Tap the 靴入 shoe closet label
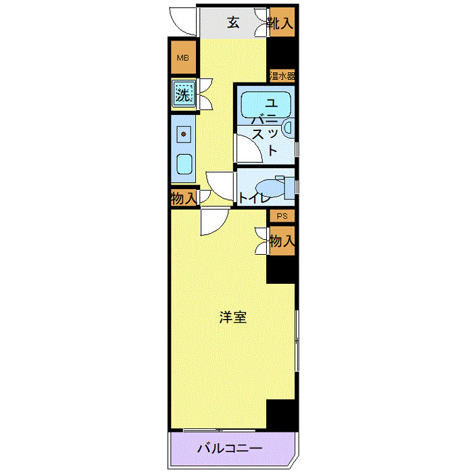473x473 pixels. click(x=280, y=23)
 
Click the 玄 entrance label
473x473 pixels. click(x=232, y=22)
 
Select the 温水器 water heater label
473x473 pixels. click(x=281, y=75)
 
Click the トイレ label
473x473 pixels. click(x=254, y=199)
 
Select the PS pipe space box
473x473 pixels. click(x=282, y=216)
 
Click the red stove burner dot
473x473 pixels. click(x=182, y=134)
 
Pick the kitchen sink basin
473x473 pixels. click(x=183, y=163)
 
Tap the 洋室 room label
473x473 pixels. click(x=232, y=317)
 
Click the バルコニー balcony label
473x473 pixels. click(x=229, y=449)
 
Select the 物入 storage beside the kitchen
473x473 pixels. click(x=182, y=199)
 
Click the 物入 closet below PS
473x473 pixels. click(x=282, y=241)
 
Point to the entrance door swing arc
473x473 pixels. click(x=181, y=19)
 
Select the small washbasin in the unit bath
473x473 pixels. click(x=289, y=126)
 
